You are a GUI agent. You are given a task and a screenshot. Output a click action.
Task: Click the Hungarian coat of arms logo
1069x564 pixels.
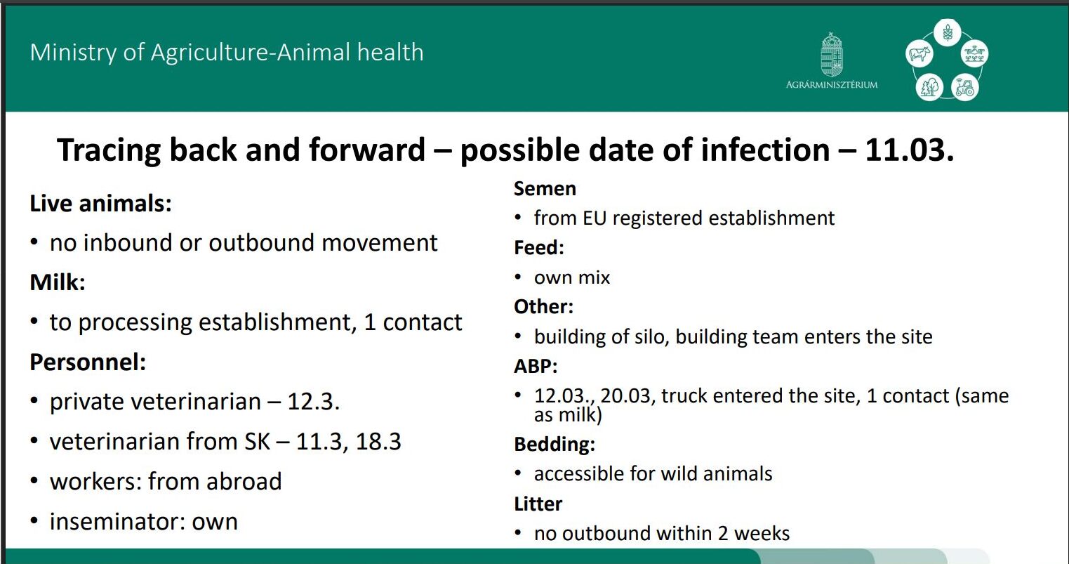coord(832,55)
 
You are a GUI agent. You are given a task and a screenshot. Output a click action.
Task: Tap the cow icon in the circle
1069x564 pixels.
coord(919,53)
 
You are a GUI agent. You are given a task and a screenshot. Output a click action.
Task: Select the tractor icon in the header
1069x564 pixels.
coord(965,87)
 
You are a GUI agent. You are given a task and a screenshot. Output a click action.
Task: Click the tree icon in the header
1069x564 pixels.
coord(929,87)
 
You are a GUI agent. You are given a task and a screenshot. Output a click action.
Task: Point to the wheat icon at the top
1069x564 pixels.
coord(948,32)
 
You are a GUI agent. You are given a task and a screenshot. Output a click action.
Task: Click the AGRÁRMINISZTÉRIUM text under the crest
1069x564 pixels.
coord(832,85)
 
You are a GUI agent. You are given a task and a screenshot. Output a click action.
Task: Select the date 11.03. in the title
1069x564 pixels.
coord(909,150)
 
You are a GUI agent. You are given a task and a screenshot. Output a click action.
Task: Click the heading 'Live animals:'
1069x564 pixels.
coord(100,204)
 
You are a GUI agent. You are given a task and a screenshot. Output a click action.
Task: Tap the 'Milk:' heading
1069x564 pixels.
coord(58,282)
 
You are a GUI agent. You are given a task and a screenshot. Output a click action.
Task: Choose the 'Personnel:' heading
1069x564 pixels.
coord(88,362)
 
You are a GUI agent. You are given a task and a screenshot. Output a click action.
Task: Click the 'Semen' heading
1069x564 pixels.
coord(545,189)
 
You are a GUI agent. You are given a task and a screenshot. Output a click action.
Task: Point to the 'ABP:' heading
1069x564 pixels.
coord(536,367)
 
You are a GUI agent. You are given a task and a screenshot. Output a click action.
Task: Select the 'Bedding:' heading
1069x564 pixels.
coord(555,445)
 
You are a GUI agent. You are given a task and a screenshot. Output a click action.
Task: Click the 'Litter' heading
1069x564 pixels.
coord(538,504)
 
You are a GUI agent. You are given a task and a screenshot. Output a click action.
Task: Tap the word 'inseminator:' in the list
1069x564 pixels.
coord(117,521)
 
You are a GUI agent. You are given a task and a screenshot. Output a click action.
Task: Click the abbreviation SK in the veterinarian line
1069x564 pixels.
coord(258,442)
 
